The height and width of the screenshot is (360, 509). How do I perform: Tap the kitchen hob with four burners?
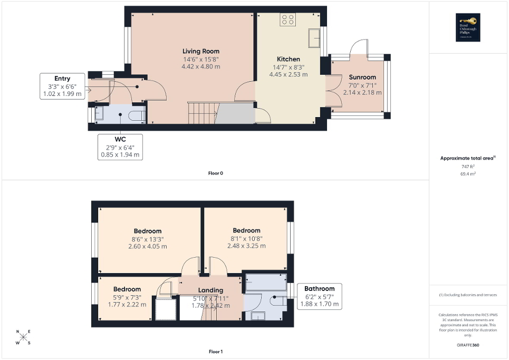288,20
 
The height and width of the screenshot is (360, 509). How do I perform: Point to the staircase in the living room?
203,112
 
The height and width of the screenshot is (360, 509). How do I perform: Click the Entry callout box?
62,86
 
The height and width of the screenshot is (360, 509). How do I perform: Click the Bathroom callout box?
319,297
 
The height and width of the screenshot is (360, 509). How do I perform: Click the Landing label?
210,290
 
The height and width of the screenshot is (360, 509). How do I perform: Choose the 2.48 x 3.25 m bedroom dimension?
246,246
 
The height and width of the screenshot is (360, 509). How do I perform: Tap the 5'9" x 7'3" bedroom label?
127,289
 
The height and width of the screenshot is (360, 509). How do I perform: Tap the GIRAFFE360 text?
468,345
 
